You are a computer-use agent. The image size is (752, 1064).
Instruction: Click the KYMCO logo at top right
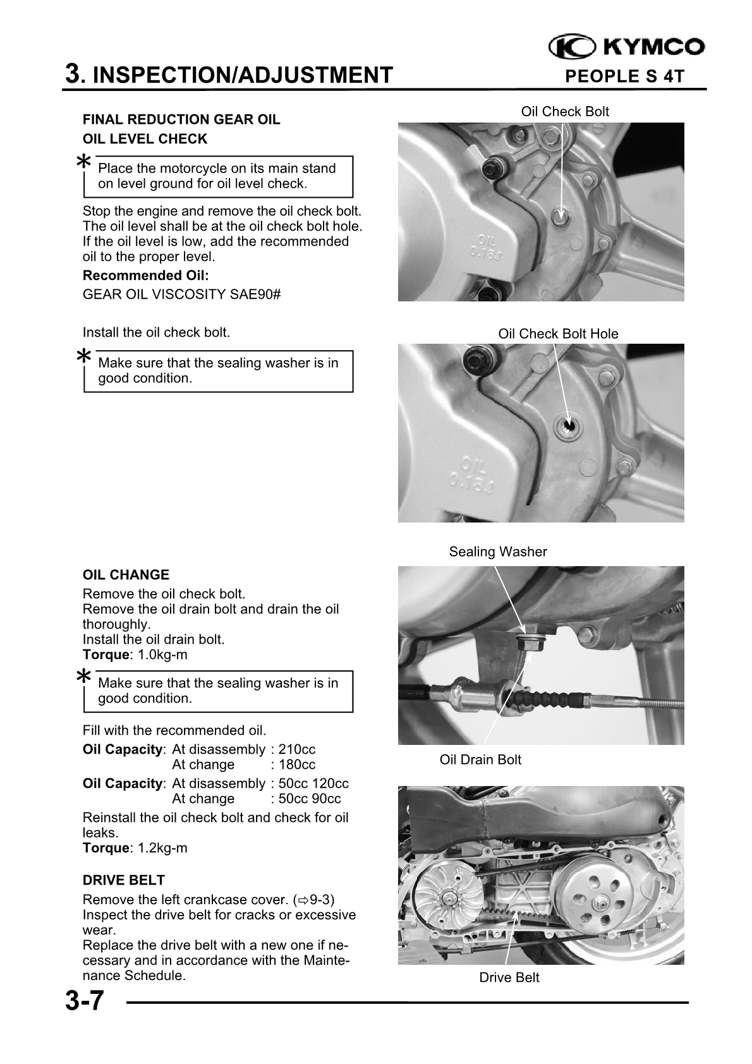[x=626, y=47]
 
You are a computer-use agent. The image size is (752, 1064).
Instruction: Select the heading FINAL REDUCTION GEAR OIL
[x=181, y=119]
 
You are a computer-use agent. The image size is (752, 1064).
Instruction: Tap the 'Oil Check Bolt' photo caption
[x=564, y=112]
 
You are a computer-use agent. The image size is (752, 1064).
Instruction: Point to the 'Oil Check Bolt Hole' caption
[x=558, y=334]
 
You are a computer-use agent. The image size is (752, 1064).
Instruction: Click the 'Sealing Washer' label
[x=498, y=552]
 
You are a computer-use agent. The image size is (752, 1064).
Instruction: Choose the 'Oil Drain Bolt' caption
[x=480, y=760]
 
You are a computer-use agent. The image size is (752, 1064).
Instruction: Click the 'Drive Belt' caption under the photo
[x=509, y=978]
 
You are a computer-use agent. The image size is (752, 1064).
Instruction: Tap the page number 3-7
[x=83, y=1001]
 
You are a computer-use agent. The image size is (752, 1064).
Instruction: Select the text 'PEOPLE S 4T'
[x=624, y=77]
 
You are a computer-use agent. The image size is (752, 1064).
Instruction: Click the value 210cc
[x=297, y=750]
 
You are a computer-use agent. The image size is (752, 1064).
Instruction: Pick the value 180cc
[x=297, y=765]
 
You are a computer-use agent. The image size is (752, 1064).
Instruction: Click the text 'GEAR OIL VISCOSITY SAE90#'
[x=182, y=294]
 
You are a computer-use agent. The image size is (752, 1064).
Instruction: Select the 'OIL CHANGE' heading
[x=126, y=575]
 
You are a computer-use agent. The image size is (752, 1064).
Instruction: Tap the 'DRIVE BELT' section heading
[x=124, y=880]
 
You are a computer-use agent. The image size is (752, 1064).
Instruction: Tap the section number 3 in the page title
[x=74, y=75]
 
